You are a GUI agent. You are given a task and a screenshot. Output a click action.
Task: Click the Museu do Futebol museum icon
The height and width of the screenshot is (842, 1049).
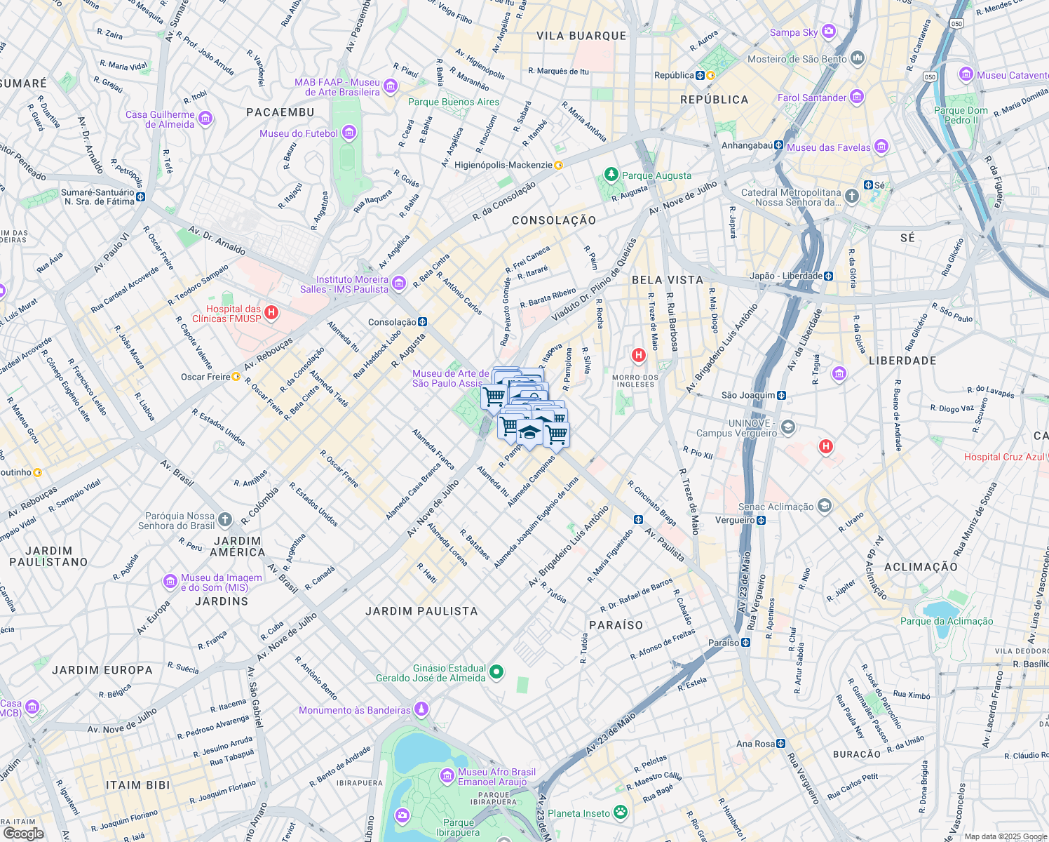point(349,133)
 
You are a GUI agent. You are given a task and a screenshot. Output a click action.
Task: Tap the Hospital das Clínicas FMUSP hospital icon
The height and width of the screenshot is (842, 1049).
point(271,313)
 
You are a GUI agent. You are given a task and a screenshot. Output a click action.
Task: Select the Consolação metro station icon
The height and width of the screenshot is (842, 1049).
point(422,322)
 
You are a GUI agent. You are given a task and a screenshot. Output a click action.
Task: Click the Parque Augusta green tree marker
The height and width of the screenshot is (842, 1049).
point(611,175)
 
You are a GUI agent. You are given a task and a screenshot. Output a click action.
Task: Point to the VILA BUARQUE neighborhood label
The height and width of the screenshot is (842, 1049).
point(581,36)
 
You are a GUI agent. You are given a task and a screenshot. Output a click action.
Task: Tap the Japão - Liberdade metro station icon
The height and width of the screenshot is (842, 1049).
point(828,276)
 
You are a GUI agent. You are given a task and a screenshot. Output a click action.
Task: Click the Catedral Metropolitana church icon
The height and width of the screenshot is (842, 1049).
point(851,196)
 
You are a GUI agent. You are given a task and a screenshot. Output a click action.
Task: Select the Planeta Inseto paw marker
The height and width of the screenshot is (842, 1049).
point(621,813)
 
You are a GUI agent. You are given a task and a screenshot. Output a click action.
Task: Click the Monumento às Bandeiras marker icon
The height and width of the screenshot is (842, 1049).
point(421,709)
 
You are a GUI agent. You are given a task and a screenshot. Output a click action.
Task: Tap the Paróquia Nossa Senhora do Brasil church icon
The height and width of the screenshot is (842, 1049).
point(224,520)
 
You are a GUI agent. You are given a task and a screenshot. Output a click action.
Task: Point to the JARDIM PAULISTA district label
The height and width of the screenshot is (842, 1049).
point(421,611)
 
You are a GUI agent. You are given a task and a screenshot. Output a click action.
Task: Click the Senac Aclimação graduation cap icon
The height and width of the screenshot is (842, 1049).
point(824,506)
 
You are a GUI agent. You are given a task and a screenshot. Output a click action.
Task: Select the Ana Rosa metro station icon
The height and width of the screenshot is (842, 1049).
point(780,744)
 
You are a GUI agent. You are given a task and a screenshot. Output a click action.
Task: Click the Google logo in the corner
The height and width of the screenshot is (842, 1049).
point(23,833)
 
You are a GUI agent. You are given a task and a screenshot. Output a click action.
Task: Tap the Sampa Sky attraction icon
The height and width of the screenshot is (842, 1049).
point(829,32)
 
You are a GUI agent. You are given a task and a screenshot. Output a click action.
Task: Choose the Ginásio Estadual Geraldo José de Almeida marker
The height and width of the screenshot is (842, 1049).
point(496,672)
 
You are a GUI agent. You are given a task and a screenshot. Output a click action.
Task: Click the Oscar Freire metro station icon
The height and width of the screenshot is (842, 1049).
point(236,377)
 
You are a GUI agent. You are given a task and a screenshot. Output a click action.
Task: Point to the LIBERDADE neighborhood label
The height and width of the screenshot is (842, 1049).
point(902,361)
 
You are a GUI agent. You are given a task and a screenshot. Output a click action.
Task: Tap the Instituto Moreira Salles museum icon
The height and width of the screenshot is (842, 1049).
point(398,283)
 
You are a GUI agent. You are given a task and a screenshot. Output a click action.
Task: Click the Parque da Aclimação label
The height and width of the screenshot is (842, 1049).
point(946,621)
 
